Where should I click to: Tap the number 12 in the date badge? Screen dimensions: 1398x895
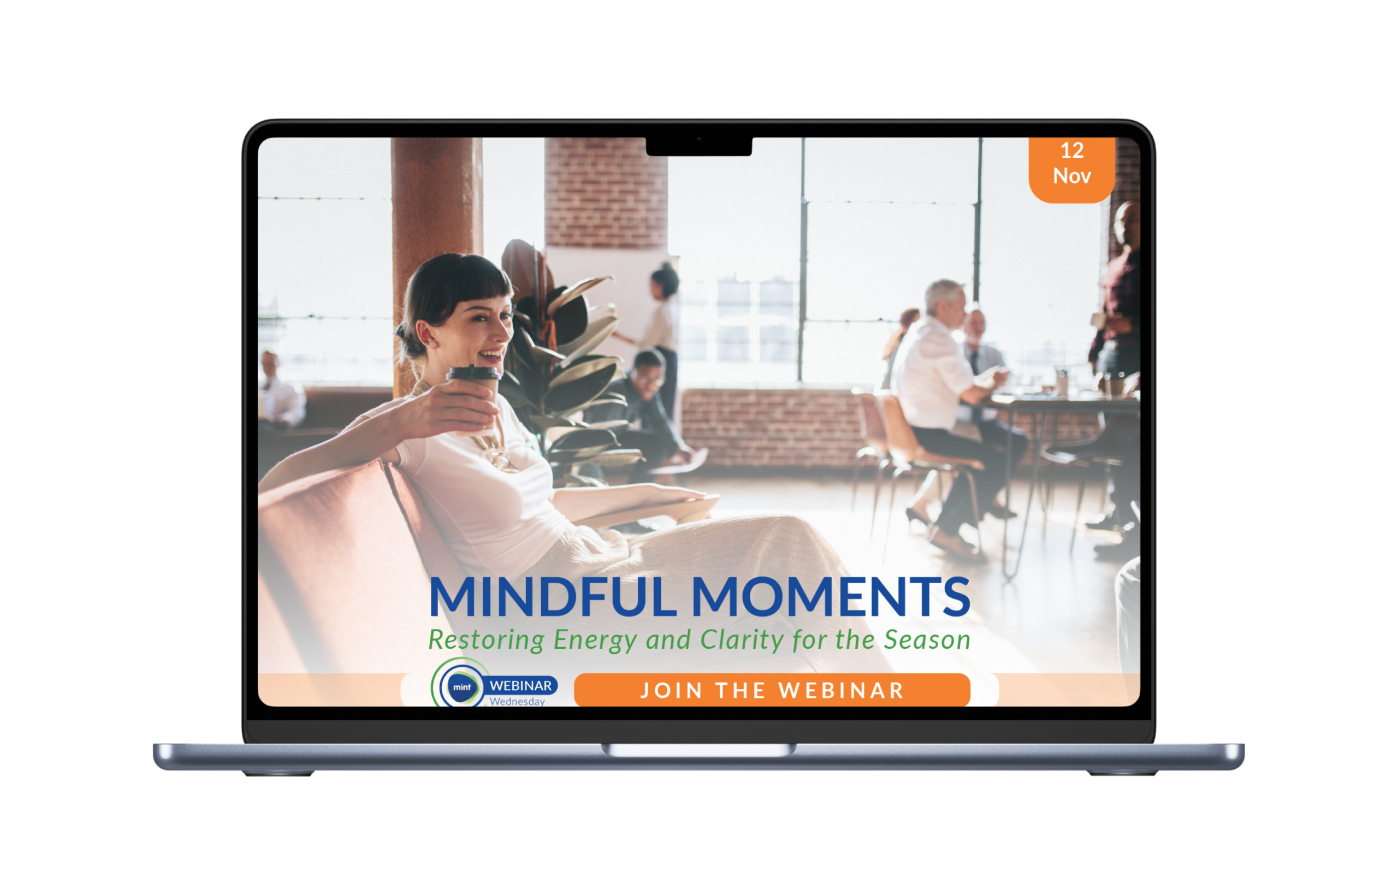(x=1072, y=151)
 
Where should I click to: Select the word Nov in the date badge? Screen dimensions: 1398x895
(x=1072, y=175)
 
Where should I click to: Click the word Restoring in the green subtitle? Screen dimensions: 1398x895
(x=487, y=641)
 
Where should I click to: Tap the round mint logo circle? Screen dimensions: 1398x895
(x=462, y=687)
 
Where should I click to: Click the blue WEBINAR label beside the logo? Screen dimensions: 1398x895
(x=520, y=686)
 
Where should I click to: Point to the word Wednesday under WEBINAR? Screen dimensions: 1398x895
(x=517, y=702)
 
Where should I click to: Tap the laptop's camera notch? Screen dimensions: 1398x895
(x=699, y=146)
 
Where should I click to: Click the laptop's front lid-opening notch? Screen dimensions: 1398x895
(x=698, y=750)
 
